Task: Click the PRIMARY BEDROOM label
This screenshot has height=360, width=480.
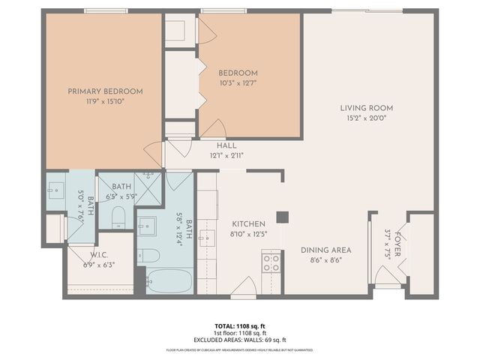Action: [105, 91]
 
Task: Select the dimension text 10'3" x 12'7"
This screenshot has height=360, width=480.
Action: [238, 83]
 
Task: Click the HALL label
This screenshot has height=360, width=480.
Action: [226, 145]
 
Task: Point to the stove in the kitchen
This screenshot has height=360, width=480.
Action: [270, 262]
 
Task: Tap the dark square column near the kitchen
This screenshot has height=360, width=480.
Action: [282, 217]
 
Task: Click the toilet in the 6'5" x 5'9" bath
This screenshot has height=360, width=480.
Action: [118, 218]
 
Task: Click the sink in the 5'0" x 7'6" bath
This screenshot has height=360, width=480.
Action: [57, 187]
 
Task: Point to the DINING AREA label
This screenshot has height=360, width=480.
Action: [325, 250]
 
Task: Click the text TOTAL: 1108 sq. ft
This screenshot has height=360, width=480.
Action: [240, 326]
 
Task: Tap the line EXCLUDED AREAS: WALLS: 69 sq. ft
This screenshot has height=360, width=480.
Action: [240, 340]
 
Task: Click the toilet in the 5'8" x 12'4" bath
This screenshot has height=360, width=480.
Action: [148, 256]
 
